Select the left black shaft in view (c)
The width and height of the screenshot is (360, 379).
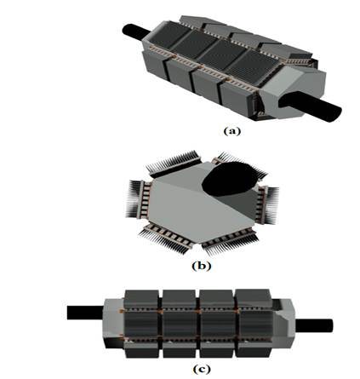tap(84, 312)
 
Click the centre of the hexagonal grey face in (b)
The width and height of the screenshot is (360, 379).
tap(191, 204)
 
